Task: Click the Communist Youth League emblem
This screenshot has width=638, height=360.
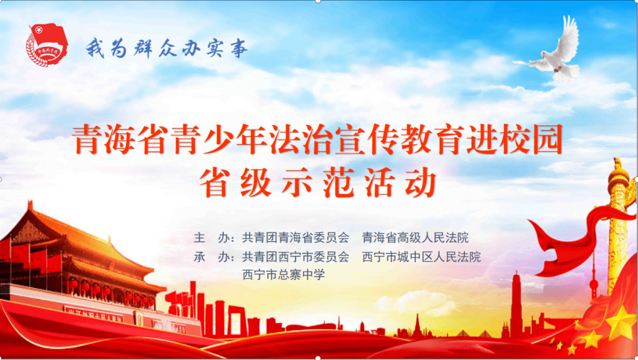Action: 45,44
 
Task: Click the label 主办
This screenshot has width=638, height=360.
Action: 211,238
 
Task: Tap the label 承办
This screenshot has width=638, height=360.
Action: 211,257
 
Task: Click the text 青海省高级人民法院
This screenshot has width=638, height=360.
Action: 416,238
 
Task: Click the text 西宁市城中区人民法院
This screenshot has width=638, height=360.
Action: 422,257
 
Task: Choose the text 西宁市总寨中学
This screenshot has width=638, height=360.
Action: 284,275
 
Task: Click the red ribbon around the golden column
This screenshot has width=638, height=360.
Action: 567,236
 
